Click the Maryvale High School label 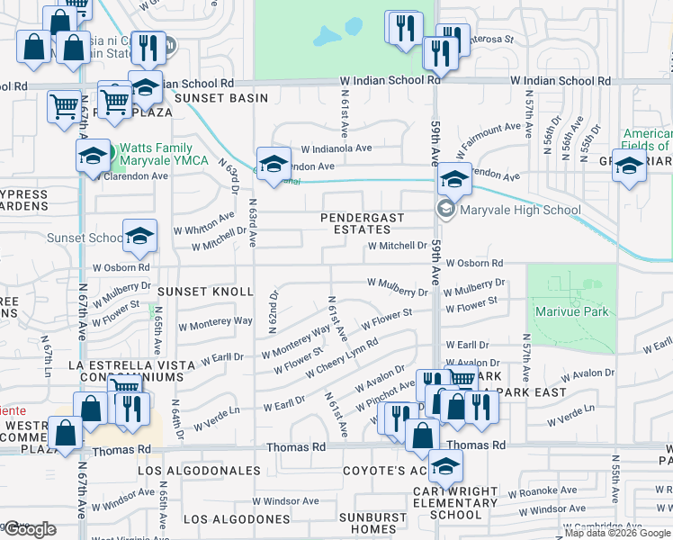click(x=520, y=211)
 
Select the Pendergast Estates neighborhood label click(x=363, y=223)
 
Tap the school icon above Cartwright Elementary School click(x=444, y=467)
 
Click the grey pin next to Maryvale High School click(x=445, y=210)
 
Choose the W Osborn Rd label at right click(x=472, y=263)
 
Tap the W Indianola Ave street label click(x=336, y=148)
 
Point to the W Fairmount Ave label click(x=490, y=135)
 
